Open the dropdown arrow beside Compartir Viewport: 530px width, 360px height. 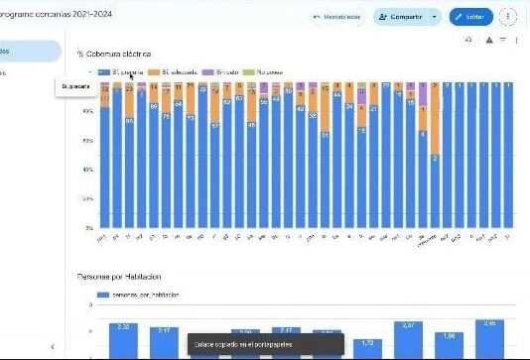[434, 17]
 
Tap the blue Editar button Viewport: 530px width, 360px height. [470, 17]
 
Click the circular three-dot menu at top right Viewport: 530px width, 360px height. [508, 17]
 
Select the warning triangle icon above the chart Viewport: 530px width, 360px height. [488, 40]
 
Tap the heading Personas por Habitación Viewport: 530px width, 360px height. [119, 276]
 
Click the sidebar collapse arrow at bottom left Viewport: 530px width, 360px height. [52, 347]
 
